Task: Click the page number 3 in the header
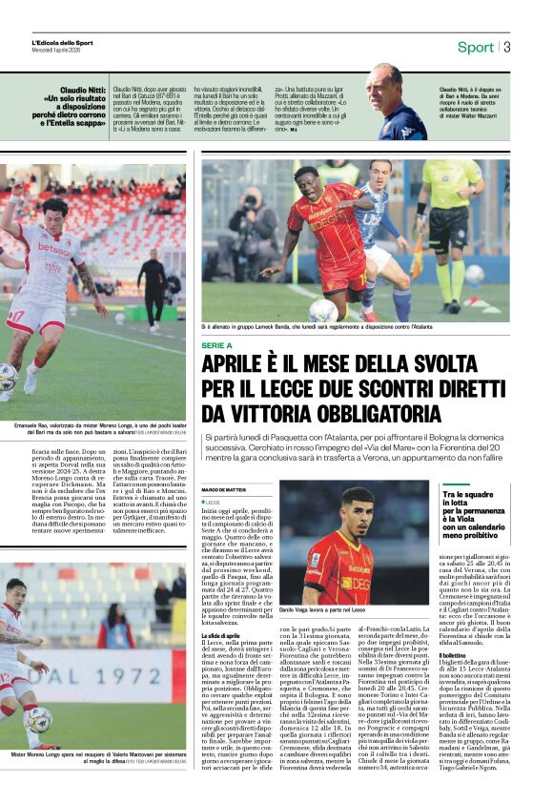tap(507, 47)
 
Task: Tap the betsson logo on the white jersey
tap(53, 250)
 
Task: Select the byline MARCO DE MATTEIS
tap(224, 490)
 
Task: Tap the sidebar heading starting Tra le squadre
tap(466, 497)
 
